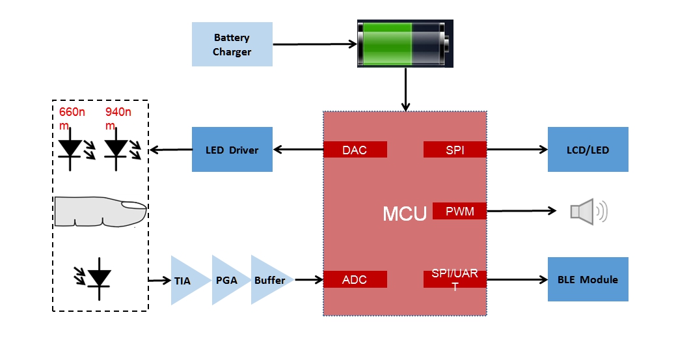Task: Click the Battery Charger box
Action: [232, 44]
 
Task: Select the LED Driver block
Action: [232, 150]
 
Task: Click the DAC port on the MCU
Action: [355, 150]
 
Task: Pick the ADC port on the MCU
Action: [355, 280]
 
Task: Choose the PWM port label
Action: [459, 211]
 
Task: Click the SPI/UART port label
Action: [455, 279]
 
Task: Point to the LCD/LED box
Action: [588, 150]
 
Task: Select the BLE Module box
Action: [588, 279]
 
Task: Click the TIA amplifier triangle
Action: [185, 281]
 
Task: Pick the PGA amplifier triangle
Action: [226, 281]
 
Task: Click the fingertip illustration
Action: [100, 212]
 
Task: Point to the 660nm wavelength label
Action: [72, 118]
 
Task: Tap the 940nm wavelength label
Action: [118, 118]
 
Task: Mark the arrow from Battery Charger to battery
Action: [314, 44]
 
